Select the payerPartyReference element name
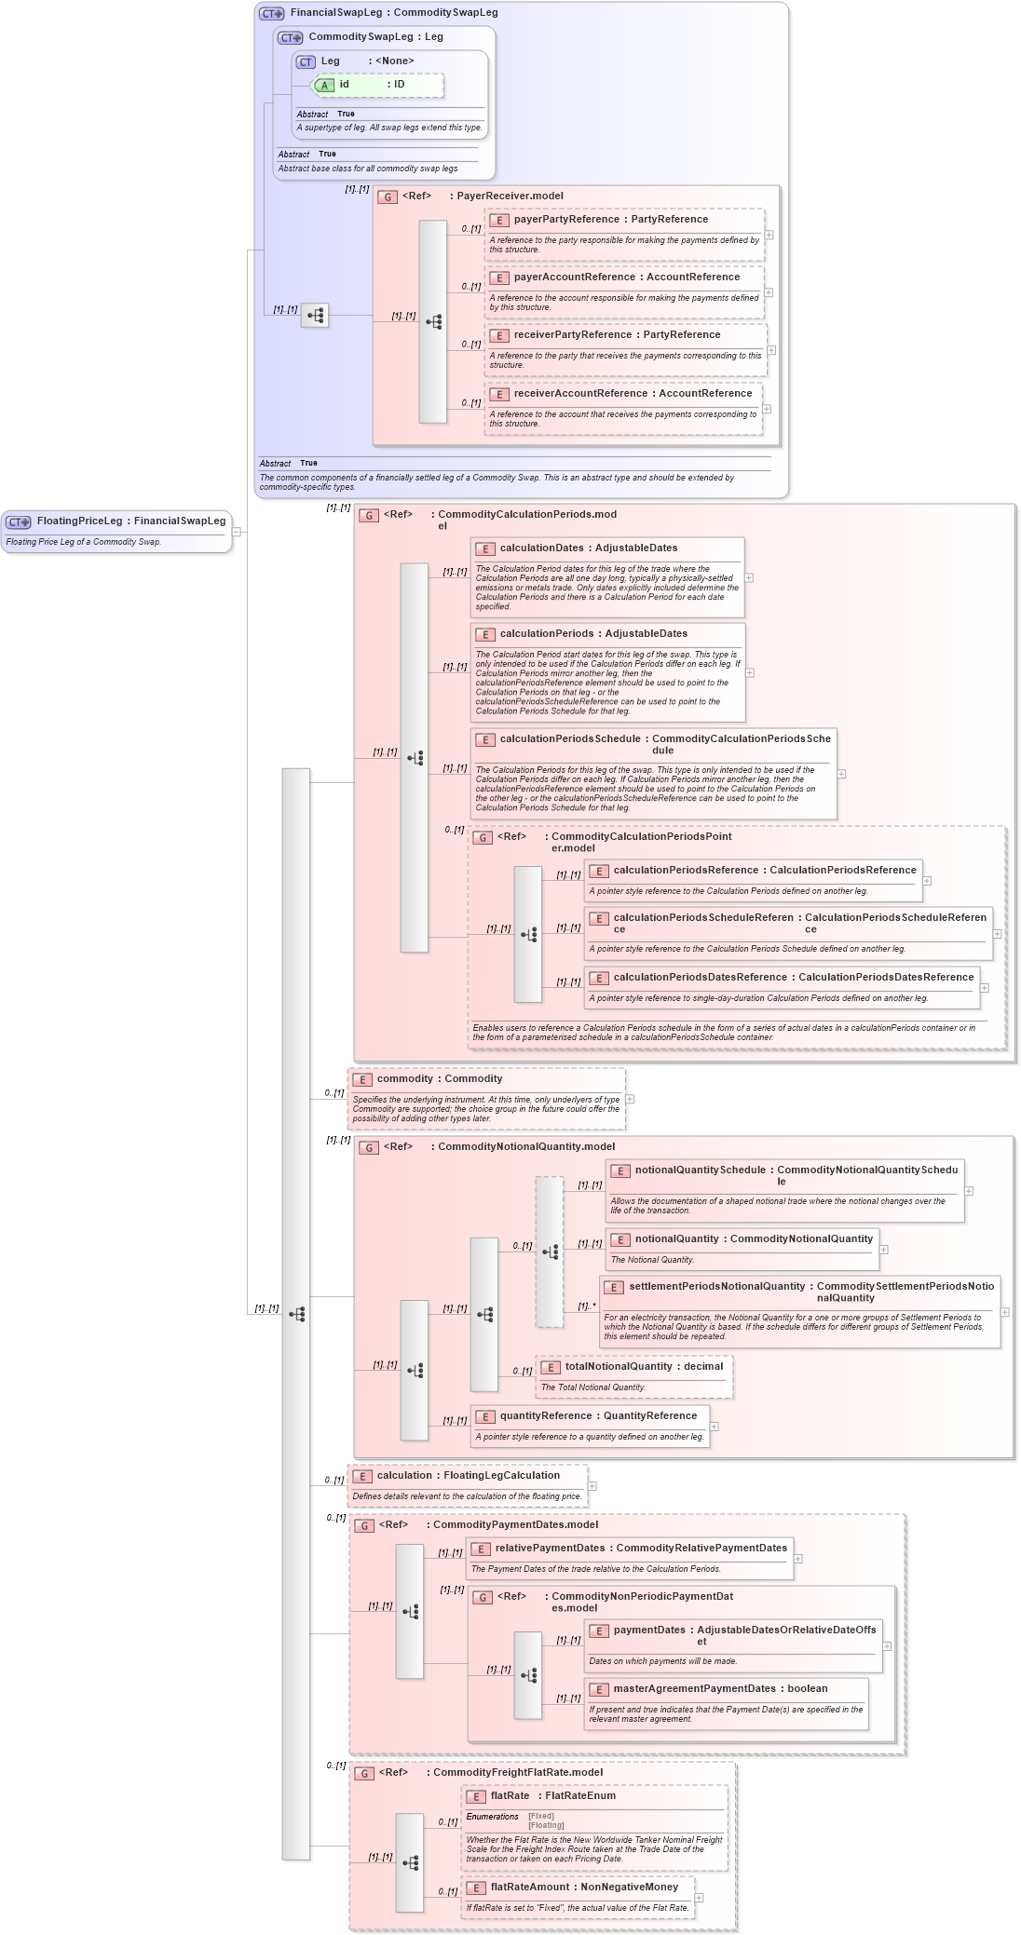[x=566, y=220]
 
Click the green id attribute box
[x=377, y=85]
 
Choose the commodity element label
[x=404, y=1079]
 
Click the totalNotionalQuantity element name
[x=618, y=1367]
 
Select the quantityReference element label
[x=545, y=1416]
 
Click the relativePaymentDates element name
[x=550, y=1549]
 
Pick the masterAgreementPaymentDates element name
[x=694, y=1689]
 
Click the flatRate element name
[x=510, y=1796]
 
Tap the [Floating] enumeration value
[x=546, y=1825]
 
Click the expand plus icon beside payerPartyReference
[x=769, y=235]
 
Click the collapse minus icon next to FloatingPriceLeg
[x=237, y=532]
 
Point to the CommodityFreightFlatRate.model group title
[x=517, y=1773]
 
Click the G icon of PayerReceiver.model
[x=388, y=197]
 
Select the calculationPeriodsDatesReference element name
[x=700, y=978]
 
